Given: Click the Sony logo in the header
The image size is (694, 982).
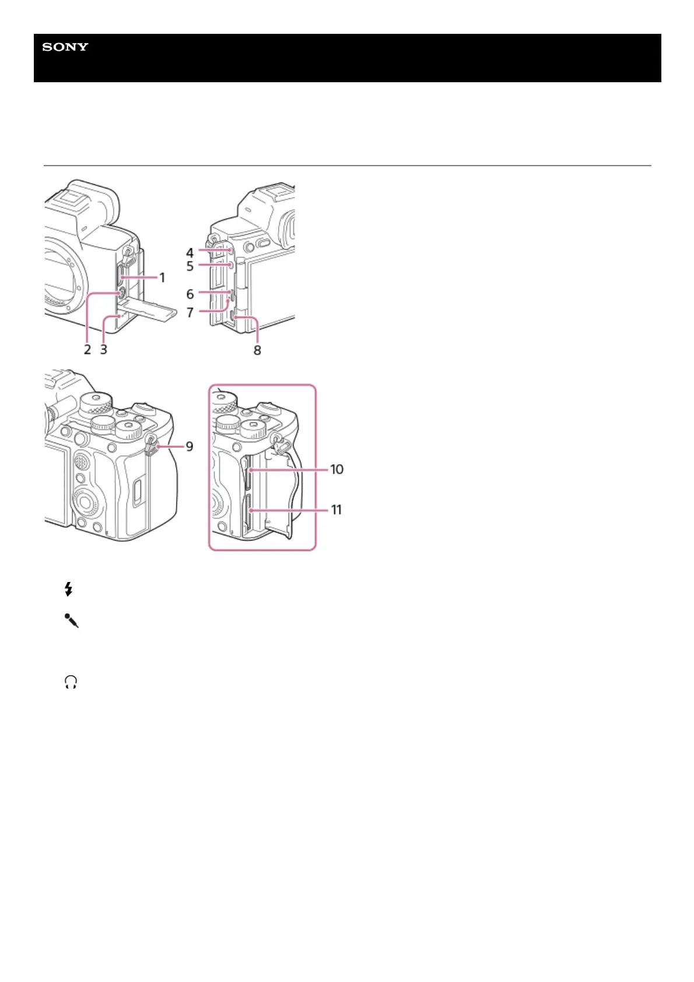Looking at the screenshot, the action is pos(65,47).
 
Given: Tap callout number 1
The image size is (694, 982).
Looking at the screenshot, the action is pos(163,278).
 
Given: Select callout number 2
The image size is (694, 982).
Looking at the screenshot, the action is pos(87,349).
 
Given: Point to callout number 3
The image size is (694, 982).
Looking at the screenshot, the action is pos(104,349).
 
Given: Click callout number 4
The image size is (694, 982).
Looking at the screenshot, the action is pos(190,252).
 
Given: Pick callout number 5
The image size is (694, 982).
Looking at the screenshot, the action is pos(190,266).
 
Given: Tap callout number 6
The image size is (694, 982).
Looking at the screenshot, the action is pos(190,294).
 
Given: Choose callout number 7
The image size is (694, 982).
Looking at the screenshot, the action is pos(190,313).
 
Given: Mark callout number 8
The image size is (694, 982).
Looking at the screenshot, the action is pos(257,350).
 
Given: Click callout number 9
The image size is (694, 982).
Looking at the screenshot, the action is pos(190,447).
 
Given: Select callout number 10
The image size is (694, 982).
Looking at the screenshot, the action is pos(337,469).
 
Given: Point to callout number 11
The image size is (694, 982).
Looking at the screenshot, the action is pos(337,510).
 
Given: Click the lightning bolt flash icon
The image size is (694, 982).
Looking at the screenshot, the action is pos(69,590).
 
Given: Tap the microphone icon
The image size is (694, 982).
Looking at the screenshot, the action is pos(71,620).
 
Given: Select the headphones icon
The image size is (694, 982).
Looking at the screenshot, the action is pos(71,682).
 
